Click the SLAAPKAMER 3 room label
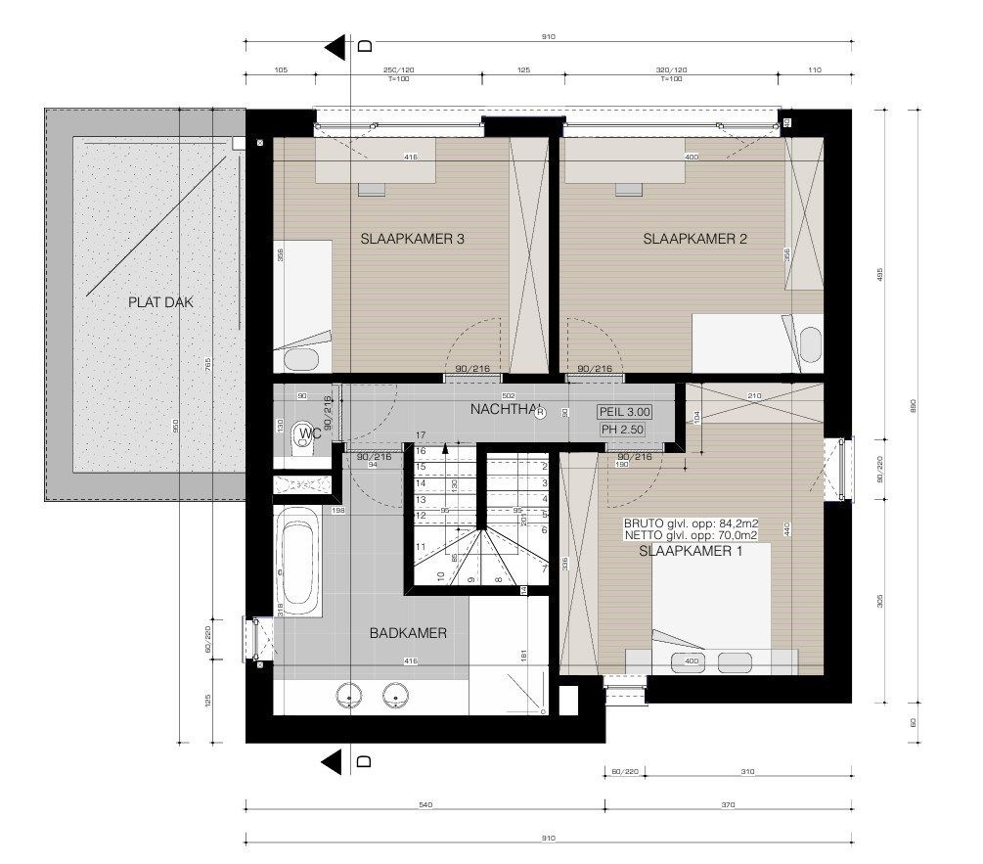click(x=412, y=239)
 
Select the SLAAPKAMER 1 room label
click(x=691, y=552)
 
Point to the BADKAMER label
click(x=408, y=633)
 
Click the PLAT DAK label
click(x=160, y=302)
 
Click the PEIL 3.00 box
click(x=624, y=413)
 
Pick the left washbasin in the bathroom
click(x=348, y=697)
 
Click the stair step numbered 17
click(x=421, y=434)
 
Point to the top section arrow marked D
click(x=338, y=46)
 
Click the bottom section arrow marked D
click(x=338, y=760)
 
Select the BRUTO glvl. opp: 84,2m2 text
click(x=692, y=523)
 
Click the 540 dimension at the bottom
click(x=424, y=805)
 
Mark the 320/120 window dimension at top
click(x=671, y=70)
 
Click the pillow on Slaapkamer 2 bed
click(x=809, y=343)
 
